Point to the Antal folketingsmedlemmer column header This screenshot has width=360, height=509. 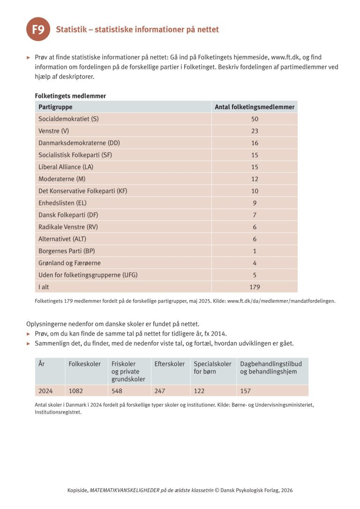click(x=255, y=107)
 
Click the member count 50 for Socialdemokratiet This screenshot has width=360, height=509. click(x=255, y=119)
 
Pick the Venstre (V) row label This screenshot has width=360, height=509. click(x=53, y=131)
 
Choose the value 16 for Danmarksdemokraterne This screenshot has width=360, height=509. click(x=255, y=143)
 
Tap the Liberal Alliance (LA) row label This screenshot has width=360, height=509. click(x=66, y=167)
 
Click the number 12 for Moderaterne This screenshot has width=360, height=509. click(x=255, y=179)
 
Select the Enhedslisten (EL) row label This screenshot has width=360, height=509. click(x=62, y=203)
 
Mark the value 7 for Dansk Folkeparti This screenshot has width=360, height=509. click(x=255, y=215)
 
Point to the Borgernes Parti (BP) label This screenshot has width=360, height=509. click(x=67, y=251)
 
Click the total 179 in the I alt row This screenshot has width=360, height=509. click(x=255, y=287)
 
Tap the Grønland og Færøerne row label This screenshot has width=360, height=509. click(x=69, y=263)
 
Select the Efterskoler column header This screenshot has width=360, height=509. click(x=169, y=364)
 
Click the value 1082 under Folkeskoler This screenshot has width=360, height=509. click(x=76, y=391)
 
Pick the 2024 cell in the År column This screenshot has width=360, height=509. click(x=45, y=391)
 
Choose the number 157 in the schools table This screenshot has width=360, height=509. click(x=246, y=391)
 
